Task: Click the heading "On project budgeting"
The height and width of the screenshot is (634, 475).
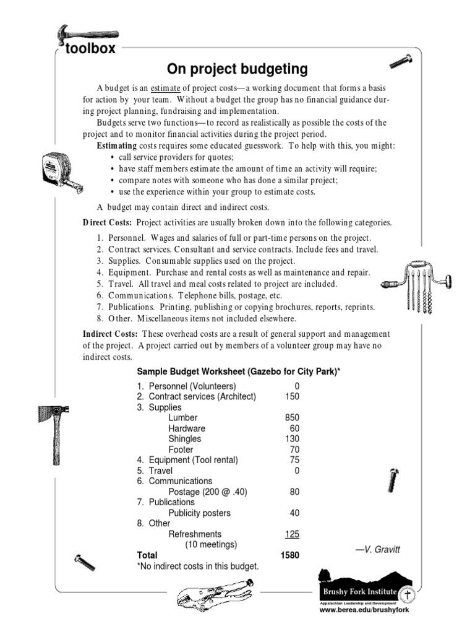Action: tap(237, 67)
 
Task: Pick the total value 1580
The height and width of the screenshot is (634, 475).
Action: tap(289, 555)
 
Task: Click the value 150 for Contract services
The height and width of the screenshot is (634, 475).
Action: tap(291, 397)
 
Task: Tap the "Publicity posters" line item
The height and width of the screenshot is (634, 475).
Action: tap(199, 513)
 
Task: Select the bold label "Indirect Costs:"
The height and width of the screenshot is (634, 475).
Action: tap(110, 334)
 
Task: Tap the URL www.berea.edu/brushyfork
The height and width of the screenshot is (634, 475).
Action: tap(364, 609)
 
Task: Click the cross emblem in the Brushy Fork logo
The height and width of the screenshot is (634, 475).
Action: tap(407, 595)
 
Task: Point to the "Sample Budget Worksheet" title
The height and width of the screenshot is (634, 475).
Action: tap(237, 371)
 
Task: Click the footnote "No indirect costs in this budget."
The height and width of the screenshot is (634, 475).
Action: tap(197, 566)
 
